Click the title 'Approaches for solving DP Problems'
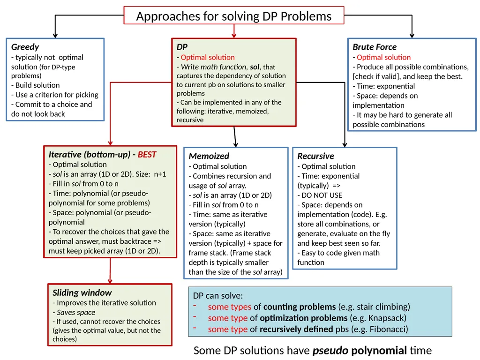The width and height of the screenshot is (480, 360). tap(233, 16)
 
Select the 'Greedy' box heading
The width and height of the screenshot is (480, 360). tap(25, 47)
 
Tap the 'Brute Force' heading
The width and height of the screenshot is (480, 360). tap(375, 47)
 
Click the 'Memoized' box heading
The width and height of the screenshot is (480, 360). tap(209, 156)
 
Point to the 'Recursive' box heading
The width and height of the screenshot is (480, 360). tap(315, 156)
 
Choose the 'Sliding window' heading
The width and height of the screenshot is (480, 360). tap(82, 292)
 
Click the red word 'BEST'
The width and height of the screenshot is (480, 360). tap(147, 154)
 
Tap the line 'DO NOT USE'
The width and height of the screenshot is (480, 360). tap(320, 195)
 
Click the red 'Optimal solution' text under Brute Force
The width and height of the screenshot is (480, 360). tap(383, 57)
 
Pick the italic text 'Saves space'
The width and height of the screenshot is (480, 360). tap(76, 312)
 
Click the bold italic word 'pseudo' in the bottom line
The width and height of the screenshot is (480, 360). tap(330, 351)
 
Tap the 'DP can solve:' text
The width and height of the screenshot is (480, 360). tap(217, 296)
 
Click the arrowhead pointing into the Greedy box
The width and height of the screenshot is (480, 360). tap(55, 36)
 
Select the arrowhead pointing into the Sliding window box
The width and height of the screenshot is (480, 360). tap(110, 281)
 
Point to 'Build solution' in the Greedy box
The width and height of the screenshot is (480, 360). tap(35, 85)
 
